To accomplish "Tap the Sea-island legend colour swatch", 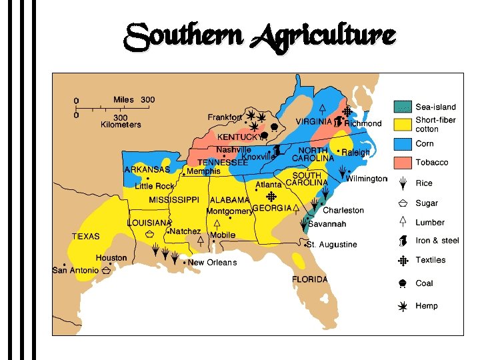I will pos(403,106).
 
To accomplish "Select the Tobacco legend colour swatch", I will pos(403,163).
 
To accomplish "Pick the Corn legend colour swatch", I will pos(403,143).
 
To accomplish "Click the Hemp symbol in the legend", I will pos(403,306).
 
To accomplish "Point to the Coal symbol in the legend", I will pos(403,283).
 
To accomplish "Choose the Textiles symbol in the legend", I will pos(403,261).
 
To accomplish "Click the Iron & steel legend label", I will pos(437,241).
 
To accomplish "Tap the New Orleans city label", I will pos(212,263).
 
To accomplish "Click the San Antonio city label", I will pos(75,270).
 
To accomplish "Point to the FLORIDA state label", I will pos(310,279).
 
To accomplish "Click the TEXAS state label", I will pos(86,236).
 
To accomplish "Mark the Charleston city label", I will pos(343,211).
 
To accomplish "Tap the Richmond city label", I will pos(363,123).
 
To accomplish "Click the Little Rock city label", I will pos(154,186).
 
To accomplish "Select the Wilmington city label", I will pos(366,179).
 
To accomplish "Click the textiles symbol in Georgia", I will pos(271,197).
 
